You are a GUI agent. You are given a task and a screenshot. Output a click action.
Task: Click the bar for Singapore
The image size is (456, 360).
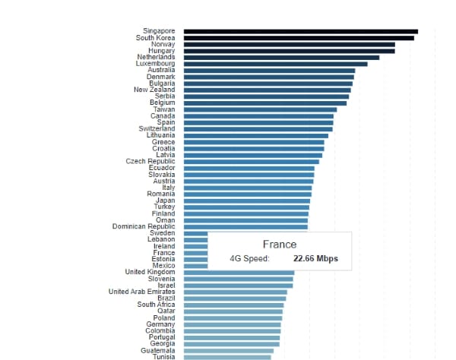click(300, 31)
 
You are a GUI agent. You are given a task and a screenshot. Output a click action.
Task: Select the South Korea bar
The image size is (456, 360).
click(299, 37)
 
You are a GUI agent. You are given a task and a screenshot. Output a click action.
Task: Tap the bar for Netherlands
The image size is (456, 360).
click(281, 57)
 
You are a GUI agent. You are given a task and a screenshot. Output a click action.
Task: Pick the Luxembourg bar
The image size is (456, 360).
click(275, 64)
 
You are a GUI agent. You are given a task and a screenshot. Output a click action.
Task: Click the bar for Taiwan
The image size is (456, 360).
click(260, 109)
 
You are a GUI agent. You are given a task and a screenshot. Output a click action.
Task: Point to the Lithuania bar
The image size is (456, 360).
click(255, 135)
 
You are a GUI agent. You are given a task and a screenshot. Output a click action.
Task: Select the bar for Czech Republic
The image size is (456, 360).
click(251, 161)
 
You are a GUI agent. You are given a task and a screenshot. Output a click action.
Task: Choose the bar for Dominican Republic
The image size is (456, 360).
click(245, 226)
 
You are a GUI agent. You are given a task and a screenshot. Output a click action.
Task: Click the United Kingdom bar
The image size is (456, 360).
click(239, 272)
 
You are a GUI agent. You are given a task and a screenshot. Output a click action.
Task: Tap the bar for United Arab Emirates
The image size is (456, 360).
click(235, 292)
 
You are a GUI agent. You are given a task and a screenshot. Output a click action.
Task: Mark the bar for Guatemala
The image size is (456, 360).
click(228, 351)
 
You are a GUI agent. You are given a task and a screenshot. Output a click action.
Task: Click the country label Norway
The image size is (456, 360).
click(163, 44)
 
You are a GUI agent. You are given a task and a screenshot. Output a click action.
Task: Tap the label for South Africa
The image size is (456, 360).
click(156, 305)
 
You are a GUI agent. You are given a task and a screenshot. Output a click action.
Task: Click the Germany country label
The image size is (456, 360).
click(160, 324)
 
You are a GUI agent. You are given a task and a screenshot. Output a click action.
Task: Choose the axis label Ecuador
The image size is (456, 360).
click(162, 168)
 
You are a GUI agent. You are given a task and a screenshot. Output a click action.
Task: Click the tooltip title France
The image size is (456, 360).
click(279, 245)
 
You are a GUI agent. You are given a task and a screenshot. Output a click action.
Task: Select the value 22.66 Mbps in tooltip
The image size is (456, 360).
click(315, 259)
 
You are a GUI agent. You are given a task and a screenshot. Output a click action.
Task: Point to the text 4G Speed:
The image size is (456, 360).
click(249, 259)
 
